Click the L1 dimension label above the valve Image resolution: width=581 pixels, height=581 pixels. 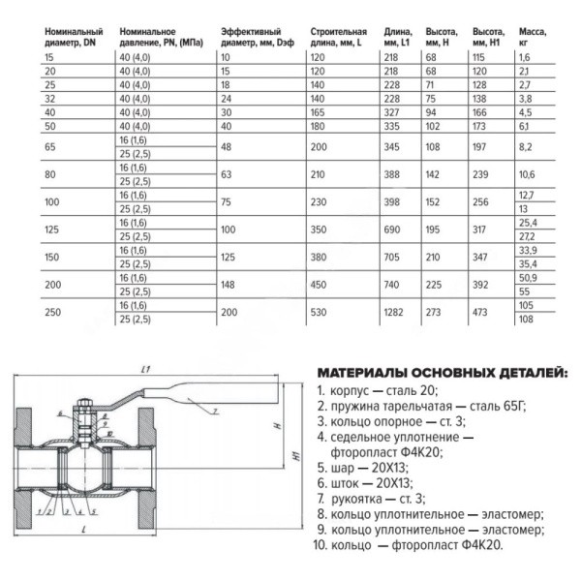pyautogui.click(x=142, y=370)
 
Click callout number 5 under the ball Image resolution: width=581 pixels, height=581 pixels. pyautogui.click(x=95, y=510)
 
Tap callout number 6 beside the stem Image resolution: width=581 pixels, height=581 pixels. pyautogui.click(x=59, y=412)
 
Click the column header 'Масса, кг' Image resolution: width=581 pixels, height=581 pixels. pyautogui.click(x=533, y=38)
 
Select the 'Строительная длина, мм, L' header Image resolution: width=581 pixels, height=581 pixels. pyautogui.click(x=340, y=38)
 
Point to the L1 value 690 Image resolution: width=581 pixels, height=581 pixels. pyautogui.click(x=394, y=229)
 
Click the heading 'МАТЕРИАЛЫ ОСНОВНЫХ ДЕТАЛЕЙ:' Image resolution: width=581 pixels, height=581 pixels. pyautogui.click(x=443, y=373)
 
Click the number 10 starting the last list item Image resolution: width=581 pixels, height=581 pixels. pyautogui.click(x=323, y=545)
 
